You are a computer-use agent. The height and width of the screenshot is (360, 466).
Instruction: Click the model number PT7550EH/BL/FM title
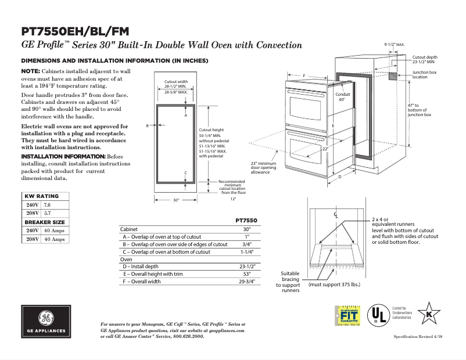tap(75, 31)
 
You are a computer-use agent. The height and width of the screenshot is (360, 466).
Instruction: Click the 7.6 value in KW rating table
tap(48, 206)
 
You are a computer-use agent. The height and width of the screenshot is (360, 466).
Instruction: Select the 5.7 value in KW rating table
tap(48, 214)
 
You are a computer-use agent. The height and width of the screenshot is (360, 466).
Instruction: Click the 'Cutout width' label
tap(175, 82)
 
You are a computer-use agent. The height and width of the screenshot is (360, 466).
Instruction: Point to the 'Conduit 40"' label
tap(342, 96)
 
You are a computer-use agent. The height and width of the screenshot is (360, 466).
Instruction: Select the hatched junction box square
tap(393, 75)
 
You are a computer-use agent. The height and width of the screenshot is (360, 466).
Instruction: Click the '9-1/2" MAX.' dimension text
tap(395, 44)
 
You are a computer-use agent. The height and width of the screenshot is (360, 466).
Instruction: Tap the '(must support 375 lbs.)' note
tap(334, 285)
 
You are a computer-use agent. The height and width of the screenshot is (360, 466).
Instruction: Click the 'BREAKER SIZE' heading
tap(44, 222)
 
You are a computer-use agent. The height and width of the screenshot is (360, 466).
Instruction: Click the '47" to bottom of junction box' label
tap(419, 110)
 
